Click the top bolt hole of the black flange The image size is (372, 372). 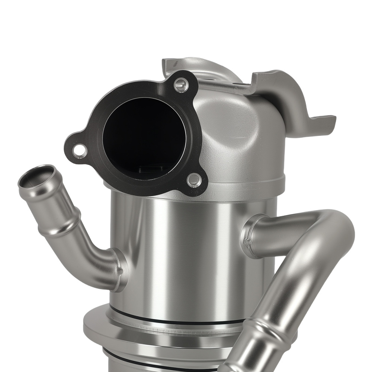[x=181, y=85]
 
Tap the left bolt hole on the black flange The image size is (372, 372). [x=79, y=150]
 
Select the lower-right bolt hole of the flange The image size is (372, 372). [x=194, y=180]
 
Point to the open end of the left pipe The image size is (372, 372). [x=36, y=176]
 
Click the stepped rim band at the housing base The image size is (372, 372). [x=242, y=184]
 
